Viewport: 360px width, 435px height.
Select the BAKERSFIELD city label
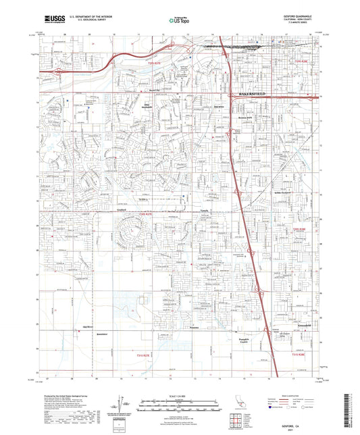pos(256,95)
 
